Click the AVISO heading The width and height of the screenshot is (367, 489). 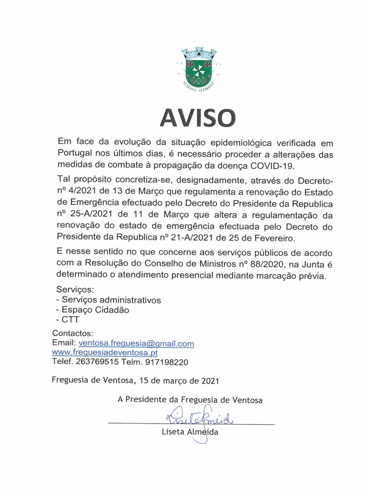pos(197,117)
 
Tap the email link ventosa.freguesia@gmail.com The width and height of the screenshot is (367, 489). pos(136,343)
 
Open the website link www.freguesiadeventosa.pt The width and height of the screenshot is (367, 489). pos(105,352)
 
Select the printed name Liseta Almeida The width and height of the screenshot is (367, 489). pos(190,432)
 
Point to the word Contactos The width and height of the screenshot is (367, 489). pos(73,333)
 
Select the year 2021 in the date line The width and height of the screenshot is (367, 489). pos(210,381)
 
